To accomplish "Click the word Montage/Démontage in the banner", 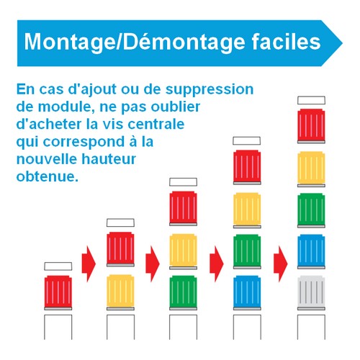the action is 135,42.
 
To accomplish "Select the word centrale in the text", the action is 156,124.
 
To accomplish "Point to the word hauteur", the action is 109,159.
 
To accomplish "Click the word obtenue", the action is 48,176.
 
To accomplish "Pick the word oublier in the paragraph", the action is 176,107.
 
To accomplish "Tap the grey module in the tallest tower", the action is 311,292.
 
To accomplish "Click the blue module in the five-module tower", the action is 311,251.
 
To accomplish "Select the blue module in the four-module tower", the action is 247,292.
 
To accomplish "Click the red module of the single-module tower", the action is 58,292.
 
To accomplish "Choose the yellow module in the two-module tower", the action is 120,292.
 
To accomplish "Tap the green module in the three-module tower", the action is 183,292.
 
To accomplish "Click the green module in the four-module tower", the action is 247,251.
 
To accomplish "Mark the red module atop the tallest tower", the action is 311,126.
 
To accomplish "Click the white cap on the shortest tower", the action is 58,266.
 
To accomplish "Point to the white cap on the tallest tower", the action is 311,100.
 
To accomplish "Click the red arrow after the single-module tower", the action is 89,264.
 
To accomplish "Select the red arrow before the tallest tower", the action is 280,264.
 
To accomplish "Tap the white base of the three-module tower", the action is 183,327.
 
